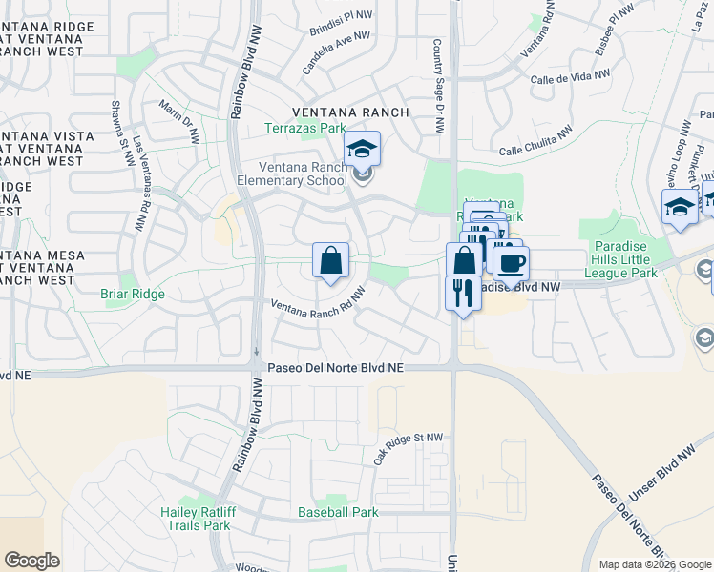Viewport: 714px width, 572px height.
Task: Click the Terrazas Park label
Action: tap(305, 128)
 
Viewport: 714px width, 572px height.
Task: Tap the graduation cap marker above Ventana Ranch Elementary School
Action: tap(362, 149)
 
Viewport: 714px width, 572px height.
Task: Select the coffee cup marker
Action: tap(511, 263)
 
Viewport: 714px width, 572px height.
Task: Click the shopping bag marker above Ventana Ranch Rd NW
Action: tap(330, 259)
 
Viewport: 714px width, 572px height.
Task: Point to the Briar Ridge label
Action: tap(133, 295)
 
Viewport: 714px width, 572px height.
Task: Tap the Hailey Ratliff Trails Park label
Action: tap(196, 519)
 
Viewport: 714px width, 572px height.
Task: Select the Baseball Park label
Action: tap(338, 512)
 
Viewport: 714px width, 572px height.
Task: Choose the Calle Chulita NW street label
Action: tap(535, 140)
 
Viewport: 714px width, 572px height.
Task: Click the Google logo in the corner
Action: tap(31, 561)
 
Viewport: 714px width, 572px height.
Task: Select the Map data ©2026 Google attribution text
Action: tap(654, 564)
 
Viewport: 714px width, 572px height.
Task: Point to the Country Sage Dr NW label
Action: tap(438, 86)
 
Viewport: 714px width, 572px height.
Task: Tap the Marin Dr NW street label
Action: tap(179, 123)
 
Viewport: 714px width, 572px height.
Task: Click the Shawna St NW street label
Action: tap(119, 133)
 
